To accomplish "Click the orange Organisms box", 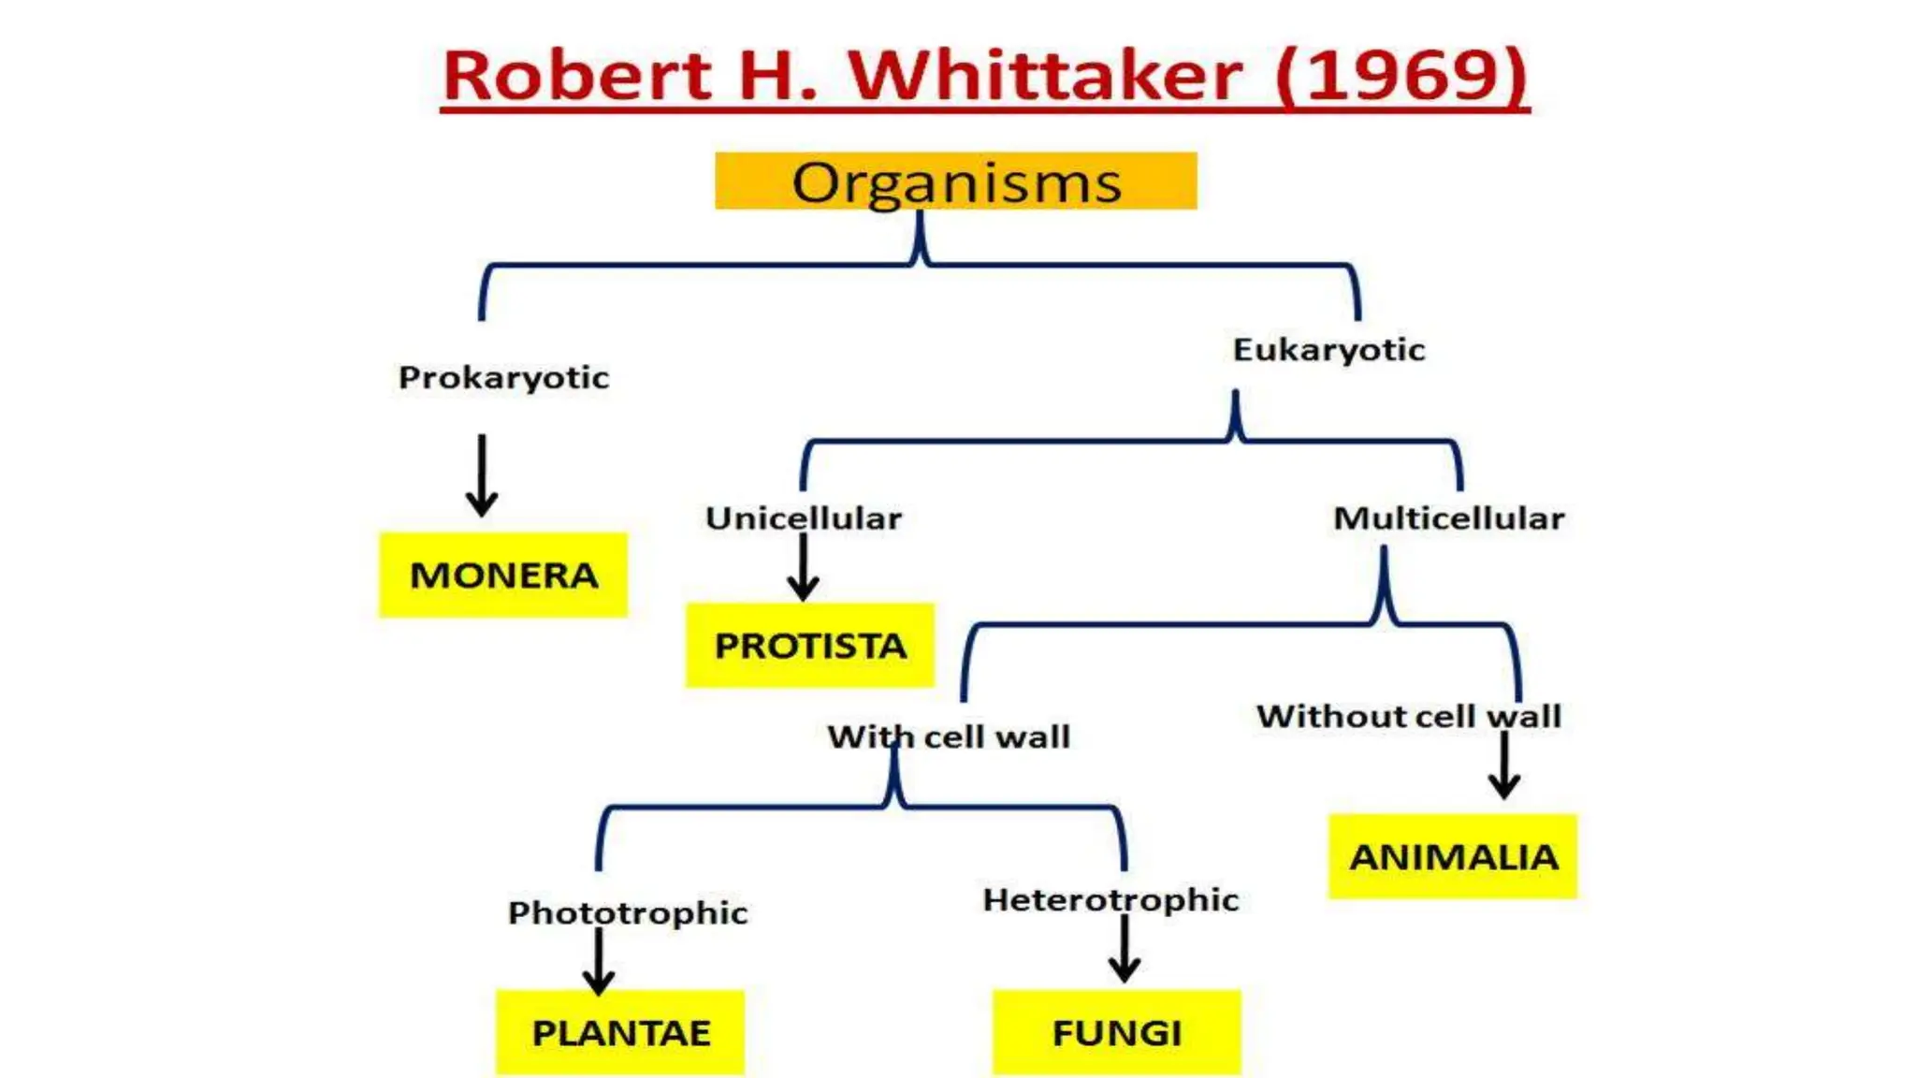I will point(955,182).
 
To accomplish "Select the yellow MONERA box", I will point(503,575).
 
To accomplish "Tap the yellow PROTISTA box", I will point(810,646).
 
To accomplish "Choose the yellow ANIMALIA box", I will point(1453,856).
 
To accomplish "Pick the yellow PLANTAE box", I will point(620,1032).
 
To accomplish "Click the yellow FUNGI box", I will point(1116,1032).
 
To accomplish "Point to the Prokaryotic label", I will point(503,377).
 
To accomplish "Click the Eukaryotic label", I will point(1328,350).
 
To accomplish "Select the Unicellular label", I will point(804,517).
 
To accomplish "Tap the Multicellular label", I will point(1448,517).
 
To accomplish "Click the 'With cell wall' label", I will point(949,736).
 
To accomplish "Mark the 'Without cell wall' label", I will point(1409,716).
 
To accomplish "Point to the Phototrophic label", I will point(628,912).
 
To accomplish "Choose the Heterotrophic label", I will point(1110,899).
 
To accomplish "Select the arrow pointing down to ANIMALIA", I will point(1504,765).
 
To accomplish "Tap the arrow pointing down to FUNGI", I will point(1125,949).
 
